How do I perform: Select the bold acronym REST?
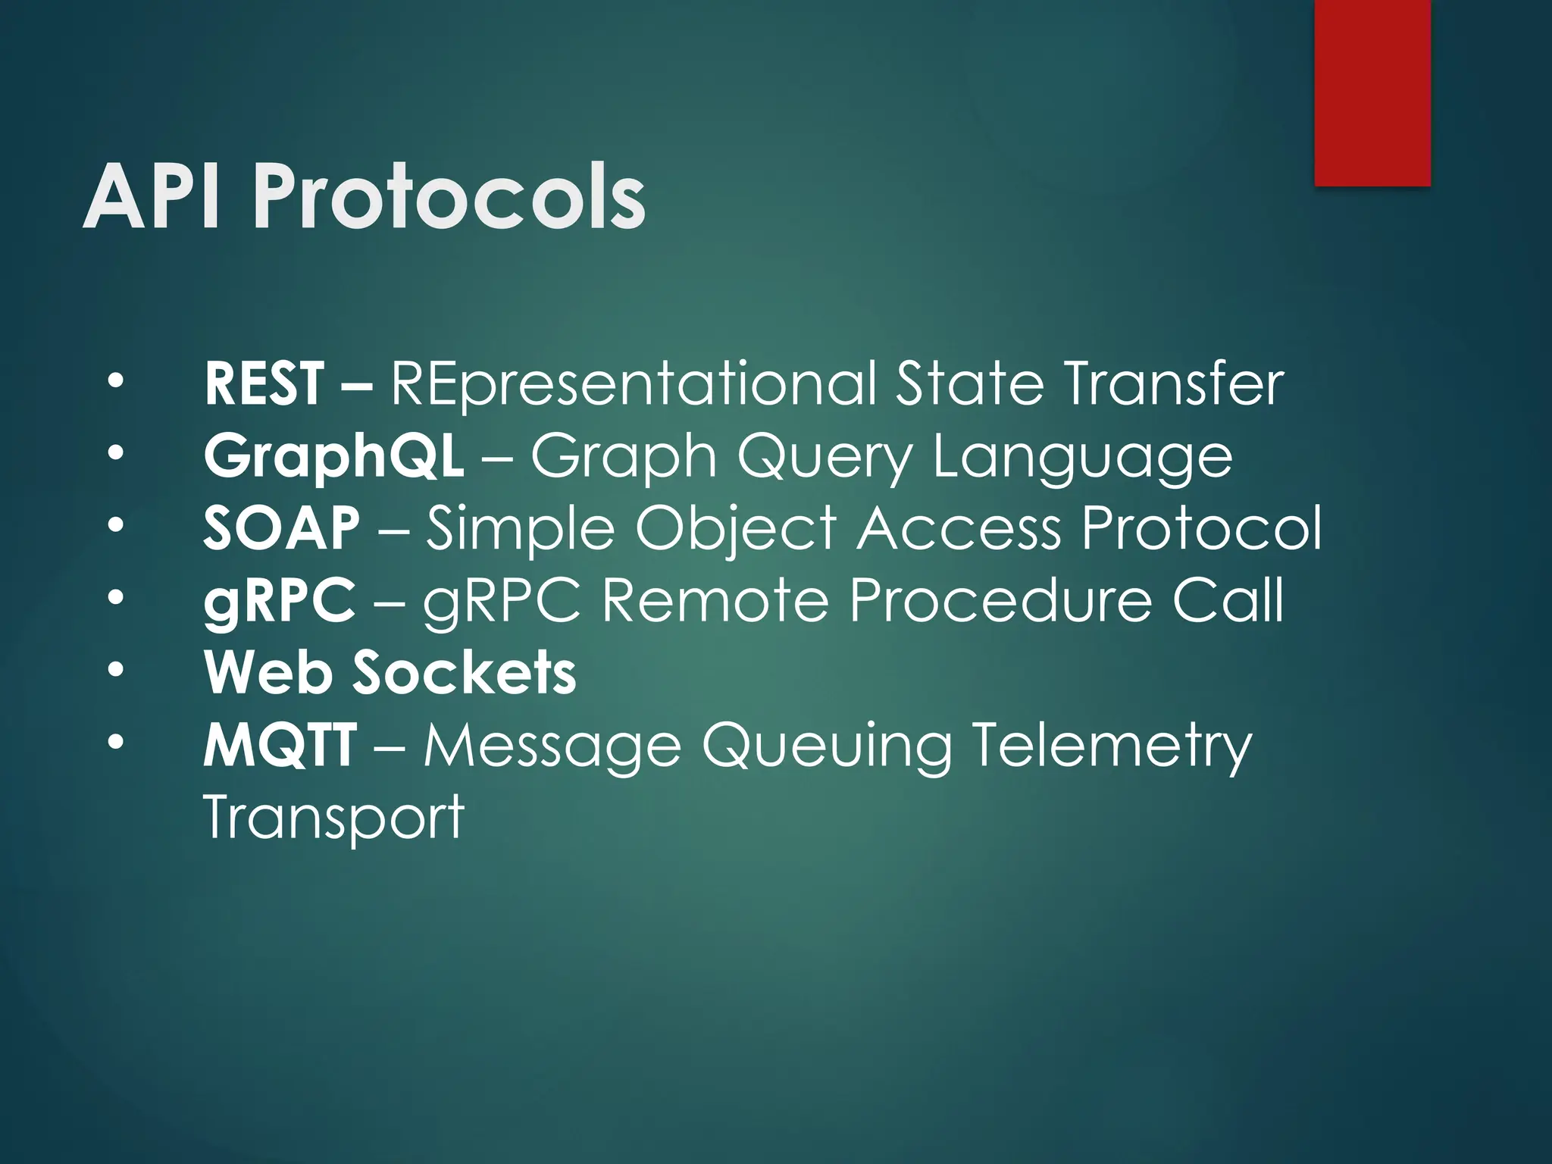264,384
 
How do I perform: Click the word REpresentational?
634,384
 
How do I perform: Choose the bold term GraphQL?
333,458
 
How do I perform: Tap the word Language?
1082,458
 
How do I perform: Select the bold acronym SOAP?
281,528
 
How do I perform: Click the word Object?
735,528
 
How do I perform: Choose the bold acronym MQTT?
279,746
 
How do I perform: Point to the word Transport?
333,817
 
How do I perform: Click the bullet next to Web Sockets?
114,671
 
